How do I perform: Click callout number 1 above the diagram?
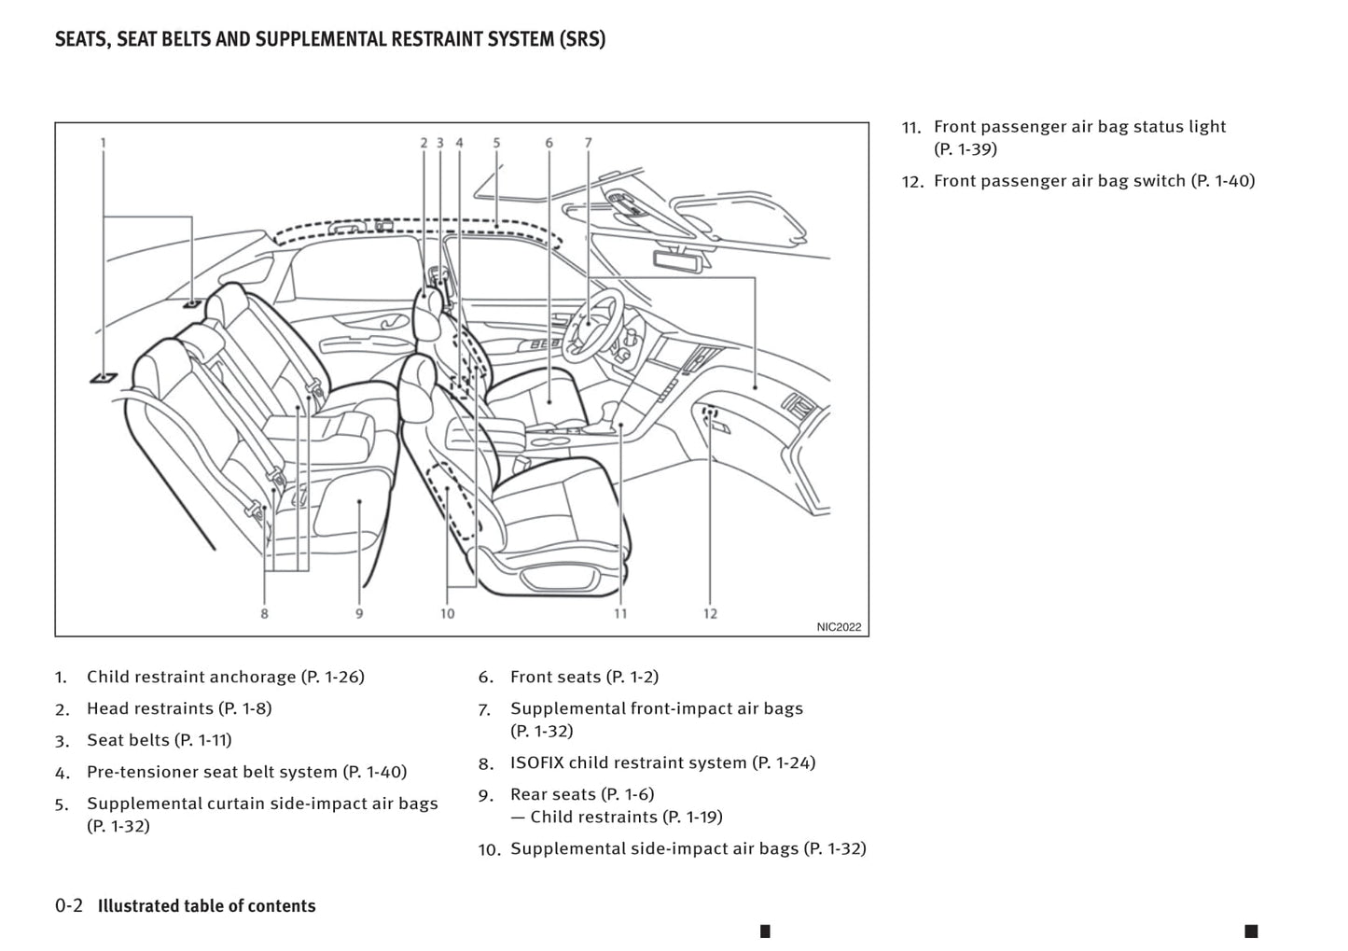click(x=104, y=143)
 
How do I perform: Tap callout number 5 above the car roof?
click(x=496, y=143)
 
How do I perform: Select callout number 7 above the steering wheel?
click(x=588, y=143)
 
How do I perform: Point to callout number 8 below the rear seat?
click(x=264, y=614)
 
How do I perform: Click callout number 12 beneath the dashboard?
click(x=710, y=614)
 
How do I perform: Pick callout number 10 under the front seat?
click(x=447, y=614)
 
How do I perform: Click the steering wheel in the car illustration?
click(x=592, y=322)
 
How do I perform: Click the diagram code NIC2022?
click(x=839, y=627)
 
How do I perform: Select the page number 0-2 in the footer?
click(x=69, y=905)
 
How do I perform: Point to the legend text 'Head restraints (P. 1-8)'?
click(x=179, y=708)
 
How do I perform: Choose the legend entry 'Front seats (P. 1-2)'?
click(x=584, y=677)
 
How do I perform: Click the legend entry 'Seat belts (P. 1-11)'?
click(x=159, y=740)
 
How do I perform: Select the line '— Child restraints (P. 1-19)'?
click(x=616, y=817)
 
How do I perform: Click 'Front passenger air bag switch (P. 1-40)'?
click(x=1093, y=181)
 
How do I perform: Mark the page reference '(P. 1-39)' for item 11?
click(x=965, y=149)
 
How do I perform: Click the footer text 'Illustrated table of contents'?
click(x=206, y=905)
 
